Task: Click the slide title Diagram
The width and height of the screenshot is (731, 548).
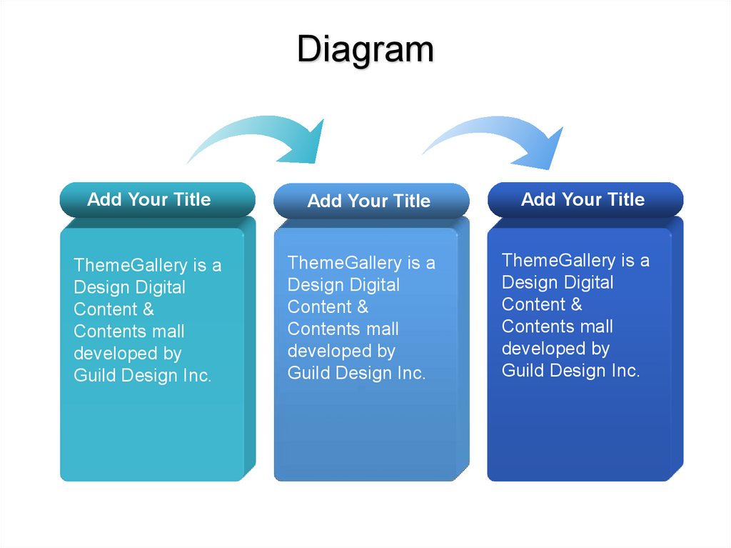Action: (x=365, y=50)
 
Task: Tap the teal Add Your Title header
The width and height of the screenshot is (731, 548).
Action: (x=157, y=200)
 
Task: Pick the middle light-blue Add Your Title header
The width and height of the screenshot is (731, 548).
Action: (x=371, y=201)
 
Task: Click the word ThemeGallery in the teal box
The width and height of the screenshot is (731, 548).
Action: (x=131, y=265)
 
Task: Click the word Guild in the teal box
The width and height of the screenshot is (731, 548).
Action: (x=93, y=376)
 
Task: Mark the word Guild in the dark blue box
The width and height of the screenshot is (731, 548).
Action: (x=521, y=371)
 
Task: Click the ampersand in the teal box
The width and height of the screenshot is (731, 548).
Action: (x=148, y=309)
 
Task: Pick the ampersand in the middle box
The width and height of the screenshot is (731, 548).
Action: (x=362, y=307)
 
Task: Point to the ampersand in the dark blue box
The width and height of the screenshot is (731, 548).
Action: (x=576, y=304)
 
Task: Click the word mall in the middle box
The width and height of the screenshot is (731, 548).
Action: (x=382, y=329)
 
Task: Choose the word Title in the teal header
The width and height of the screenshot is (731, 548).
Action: (x=191, y=199)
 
